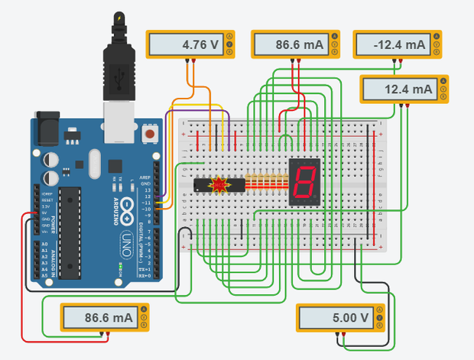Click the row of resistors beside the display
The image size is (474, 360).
point(267,183)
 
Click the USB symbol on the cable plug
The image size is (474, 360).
point(118,76)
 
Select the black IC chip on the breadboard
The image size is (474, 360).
point(218,184)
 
